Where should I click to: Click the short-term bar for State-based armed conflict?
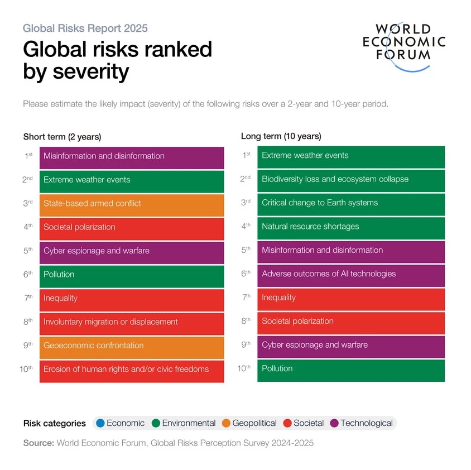(132, 204)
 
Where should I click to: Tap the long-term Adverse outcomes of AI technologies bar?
(350, 274)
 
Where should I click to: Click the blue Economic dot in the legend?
(100, 423)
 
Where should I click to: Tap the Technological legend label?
(367, 423)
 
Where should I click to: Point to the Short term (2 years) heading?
(62, 137)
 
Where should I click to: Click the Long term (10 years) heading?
(281, 136)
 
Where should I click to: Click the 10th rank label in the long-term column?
(244, 368)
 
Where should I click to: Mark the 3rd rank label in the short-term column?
(28, 204)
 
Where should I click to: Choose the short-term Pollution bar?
(132, 275)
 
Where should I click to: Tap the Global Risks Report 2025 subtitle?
(85, 28)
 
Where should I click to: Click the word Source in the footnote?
(38, 443)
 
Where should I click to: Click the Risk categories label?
(55, 423)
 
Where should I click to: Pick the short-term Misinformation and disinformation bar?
(132, 156)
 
